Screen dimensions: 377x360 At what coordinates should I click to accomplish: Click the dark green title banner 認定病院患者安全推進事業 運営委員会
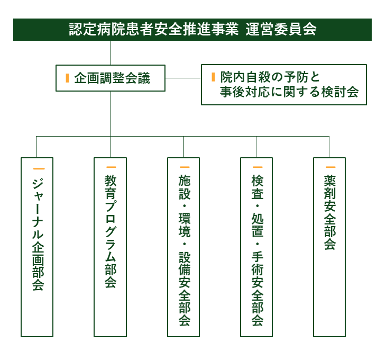(x=192, y=30)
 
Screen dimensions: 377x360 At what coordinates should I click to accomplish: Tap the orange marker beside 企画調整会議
(x=67, y=78)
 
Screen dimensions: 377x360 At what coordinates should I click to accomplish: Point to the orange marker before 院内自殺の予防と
(x=213, y=77)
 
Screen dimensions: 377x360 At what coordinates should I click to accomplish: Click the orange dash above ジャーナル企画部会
(x=39, y=168)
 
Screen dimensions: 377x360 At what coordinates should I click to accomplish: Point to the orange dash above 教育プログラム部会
(x=111, y=167)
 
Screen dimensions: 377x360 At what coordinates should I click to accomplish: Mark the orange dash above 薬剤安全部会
(x=330, y=167)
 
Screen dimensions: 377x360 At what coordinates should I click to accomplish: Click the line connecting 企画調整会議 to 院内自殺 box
(x=183, y=78)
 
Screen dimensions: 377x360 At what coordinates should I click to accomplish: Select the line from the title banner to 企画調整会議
(x=111, y=53)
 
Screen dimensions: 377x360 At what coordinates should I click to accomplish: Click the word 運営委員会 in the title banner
(x=281, y=29)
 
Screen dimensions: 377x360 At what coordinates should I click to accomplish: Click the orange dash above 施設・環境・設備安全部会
(x=185, y=167)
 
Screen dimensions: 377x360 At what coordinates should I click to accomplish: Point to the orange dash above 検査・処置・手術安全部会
(x=258, y=167)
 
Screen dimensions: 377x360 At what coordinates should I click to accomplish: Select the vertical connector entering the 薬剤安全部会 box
(x=329, y=147)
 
